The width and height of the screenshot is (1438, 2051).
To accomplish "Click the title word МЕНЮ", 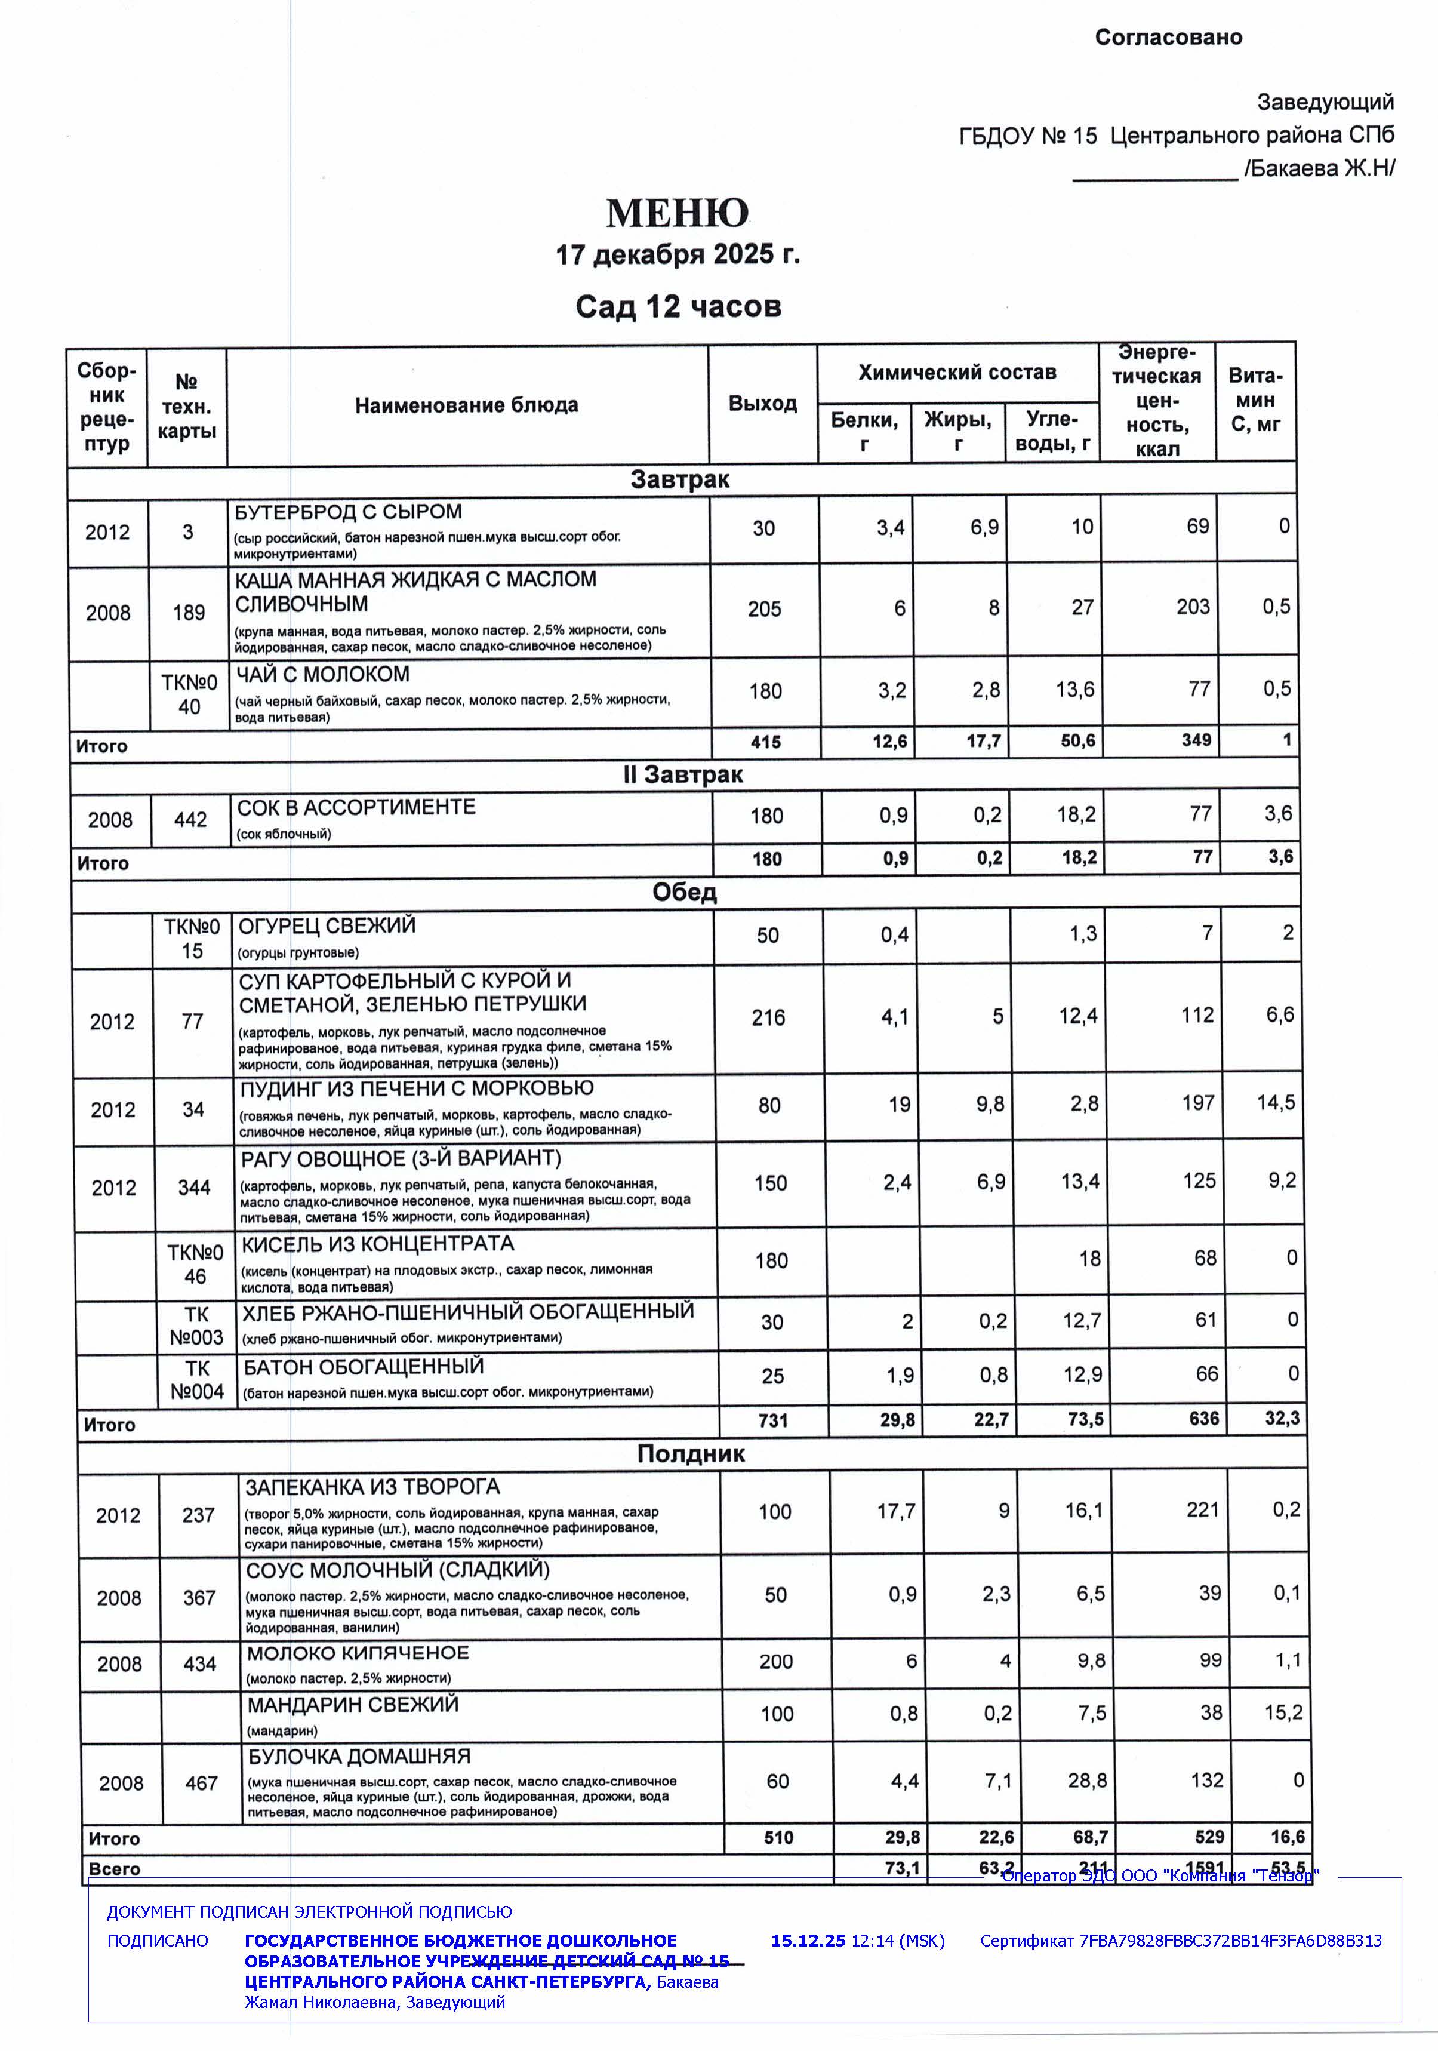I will tap(676, 214).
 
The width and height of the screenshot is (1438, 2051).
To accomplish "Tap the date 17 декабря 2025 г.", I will tap(677, 254).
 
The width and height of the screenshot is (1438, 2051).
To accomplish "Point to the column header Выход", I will tap(762, 404).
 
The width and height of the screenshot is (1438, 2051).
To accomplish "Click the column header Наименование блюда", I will tap(466, 405).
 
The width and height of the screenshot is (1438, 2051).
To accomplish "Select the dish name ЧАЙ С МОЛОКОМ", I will tap(322, 675).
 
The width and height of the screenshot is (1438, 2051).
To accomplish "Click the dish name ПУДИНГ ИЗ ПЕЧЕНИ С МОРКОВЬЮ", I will tap(416, 1088).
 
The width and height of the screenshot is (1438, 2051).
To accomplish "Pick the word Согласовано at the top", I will tap(1168, 38).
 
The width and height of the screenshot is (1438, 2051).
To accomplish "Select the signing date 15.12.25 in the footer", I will tap(808, 1940).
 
